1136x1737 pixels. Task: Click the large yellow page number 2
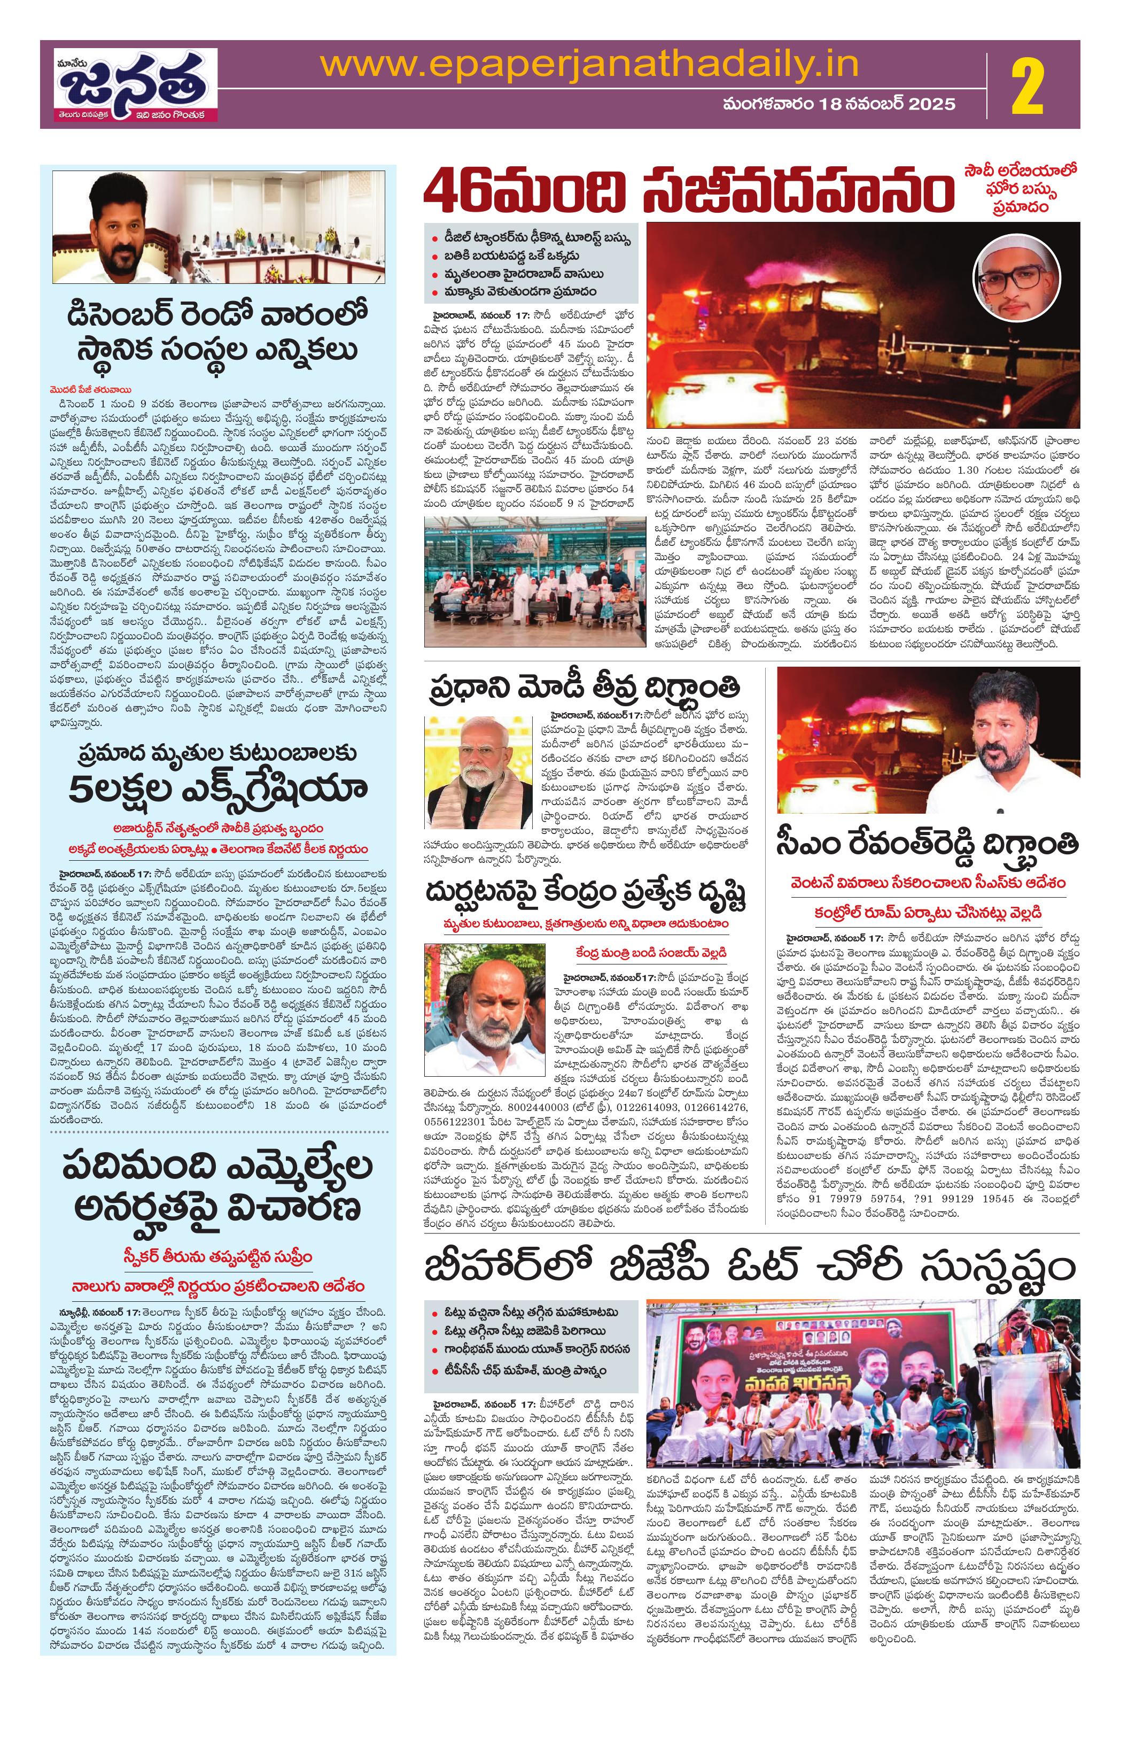1026,86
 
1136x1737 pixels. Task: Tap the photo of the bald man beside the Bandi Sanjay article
475,1007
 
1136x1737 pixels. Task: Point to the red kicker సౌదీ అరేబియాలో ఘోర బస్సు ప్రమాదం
1024,190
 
